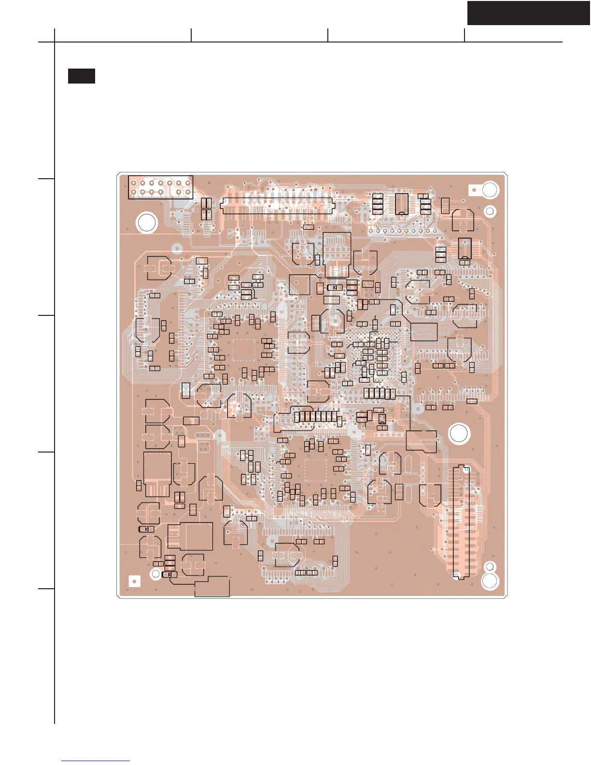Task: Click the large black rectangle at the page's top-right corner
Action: (528, 13)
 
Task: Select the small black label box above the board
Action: (81, 76)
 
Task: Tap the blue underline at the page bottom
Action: (96, 761)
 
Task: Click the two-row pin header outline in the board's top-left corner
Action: (160, 187)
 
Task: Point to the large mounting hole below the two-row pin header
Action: (147, 223)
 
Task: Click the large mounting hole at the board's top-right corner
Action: (490, 190)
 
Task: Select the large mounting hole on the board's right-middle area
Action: (459, 433)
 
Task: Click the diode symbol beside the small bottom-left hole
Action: (169, 575)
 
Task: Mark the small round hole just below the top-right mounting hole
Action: (490, 211)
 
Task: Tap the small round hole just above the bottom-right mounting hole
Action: (489, 566)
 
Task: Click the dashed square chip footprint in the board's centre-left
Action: (243, 350)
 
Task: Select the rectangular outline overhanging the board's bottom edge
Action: (212, 587)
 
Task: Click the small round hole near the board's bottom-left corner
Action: (155, 574)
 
